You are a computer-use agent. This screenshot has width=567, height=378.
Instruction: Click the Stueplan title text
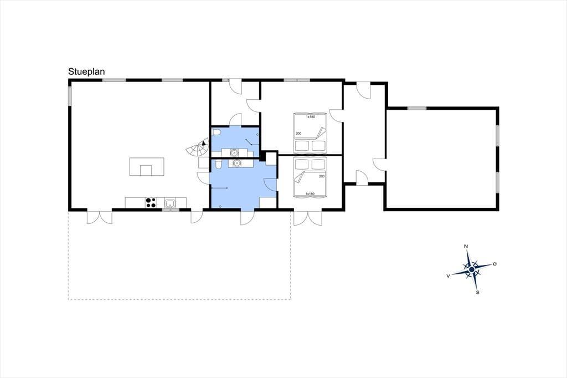86,71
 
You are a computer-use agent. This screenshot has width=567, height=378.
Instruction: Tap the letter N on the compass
466,247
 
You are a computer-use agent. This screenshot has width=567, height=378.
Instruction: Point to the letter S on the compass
477,292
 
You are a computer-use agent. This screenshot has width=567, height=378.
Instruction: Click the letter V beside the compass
449,276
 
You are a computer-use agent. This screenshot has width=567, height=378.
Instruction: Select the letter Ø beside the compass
494,264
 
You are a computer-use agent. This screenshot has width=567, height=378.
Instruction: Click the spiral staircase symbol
198,148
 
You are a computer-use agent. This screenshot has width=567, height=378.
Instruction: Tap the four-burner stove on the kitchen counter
151,203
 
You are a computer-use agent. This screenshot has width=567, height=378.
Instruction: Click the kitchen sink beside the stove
170,203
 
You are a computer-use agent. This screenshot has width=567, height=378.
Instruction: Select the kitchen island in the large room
147,167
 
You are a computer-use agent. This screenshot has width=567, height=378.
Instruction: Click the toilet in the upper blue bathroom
217,132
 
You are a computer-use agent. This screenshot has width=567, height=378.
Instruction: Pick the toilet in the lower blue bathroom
218,165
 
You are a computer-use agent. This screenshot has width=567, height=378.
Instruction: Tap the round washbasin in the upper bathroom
234,153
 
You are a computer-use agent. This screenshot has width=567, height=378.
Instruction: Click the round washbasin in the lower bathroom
237,164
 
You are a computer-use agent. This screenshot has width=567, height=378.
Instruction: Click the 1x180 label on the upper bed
310,116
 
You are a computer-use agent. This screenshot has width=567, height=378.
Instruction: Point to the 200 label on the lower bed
322,176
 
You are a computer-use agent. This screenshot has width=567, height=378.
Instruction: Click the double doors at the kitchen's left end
100,217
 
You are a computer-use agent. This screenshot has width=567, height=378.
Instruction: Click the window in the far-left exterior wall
69,96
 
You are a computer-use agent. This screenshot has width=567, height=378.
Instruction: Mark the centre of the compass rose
472,269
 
